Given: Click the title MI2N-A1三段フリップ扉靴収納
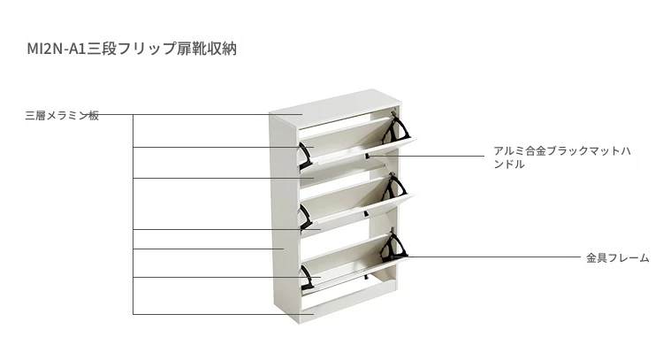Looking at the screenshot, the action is tap(132, 49).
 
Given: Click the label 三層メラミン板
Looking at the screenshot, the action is tap(62, 116).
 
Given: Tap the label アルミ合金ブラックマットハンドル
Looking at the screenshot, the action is tap(562, 157).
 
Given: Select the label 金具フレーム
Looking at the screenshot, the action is tap(617, 257).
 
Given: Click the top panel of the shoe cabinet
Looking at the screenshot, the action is tap(335, 106).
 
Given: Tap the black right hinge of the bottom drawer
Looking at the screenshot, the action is tap(393, 247).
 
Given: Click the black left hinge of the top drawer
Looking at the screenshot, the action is tap(306, 156).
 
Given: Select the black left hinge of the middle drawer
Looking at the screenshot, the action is tap(306, 218).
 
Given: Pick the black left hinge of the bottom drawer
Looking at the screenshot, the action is tap(307, 278).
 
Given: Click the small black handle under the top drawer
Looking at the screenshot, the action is tap(367, 156).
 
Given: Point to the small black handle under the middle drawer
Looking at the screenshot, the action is tap(366, 214).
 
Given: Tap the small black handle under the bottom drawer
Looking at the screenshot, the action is tap(366, 277).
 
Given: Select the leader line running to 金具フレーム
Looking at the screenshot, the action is tap(487, 257).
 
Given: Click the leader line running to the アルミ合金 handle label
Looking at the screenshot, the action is tap(426, 156).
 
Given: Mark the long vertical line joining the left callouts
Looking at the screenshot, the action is tap(133, 214).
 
